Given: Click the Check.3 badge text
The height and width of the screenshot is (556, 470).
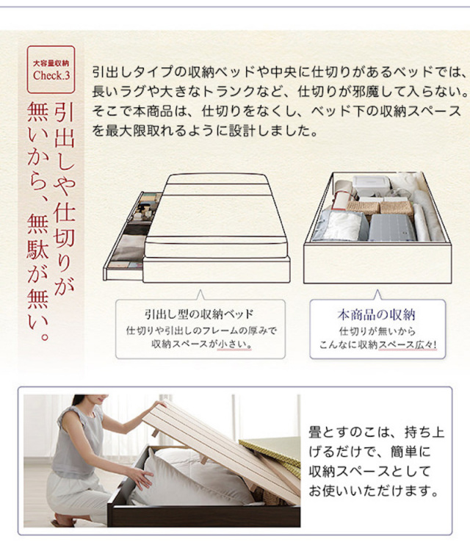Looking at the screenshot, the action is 51,75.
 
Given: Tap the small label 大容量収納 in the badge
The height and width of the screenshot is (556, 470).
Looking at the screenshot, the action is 51,63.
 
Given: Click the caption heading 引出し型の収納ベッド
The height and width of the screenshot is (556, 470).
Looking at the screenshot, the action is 199,314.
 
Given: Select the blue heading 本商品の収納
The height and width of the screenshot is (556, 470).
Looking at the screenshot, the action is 377,314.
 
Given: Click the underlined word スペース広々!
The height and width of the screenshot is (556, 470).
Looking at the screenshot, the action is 408,344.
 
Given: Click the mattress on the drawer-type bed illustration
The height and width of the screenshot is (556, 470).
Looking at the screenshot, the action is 216,216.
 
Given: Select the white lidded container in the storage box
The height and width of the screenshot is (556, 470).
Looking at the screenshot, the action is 371,186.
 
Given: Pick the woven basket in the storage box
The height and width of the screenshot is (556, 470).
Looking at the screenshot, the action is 379,206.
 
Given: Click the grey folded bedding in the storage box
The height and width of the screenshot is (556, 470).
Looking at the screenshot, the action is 392,227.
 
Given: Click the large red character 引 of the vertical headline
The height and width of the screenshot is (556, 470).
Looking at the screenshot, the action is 65,112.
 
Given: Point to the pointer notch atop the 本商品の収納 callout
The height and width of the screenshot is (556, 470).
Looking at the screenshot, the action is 377,295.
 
